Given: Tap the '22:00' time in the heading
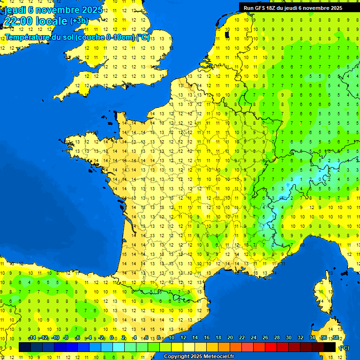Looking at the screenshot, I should click(x=18, y=21).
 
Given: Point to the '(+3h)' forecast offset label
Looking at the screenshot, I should click(x=78, y=21).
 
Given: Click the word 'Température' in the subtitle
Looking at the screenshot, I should click(x=27, y=37).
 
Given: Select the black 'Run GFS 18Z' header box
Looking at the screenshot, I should click(x=299, y=7).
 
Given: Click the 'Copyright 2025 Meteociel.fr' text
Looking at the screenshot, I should click(x=199, y=357).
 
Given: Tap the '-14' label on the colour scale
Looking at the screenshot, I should click(x=32, y=338).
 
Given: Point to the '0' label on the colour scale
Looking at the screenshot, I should click(x=112, y=338).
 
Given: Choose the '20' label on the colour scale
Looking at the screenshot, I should click(x=230, y=338).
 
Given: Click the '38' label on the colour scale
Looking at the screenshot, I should click(x=336, y=338).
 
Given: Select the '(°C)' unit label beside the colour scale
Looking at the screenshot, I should click(x=344, y=347).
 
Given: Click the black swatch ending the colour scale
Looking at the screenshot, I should click(x=330, y=347).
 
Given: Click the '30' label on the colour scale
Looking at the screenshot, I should click(x=289, y=338).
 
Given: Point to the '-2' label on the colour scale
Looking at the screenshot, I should click(x=101, y=338).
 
